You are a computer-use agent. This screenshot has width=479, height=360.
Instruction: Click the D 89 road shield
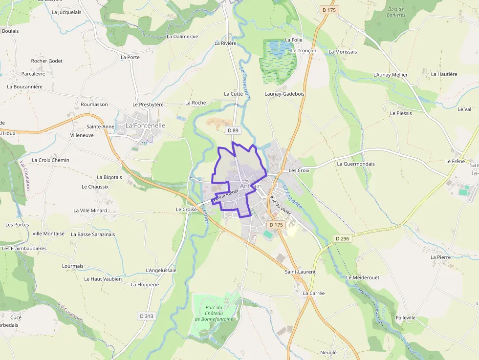[x=232, y=130]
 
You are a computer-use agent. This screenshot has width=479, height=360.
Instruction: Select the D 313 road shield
[x=147, y=316]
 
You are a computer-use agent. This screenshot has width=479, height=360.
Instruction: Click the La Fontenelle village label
[x=145, y=126]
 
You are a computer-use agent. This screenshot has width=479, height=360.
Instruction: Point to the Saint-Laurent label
[x=300, y=272]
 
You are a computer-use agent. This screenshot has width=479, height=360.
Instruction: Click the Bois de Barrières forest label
[x=396, y=12]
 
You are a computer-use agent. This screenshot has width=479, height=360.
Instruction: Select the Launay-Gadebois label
[x=284, y=94]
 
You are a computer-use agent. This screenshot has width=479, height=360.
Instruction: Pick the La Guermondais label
[x=356, y=164]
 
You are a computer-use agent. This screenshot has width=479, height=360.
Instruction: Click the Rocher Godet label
[x=47, y=61]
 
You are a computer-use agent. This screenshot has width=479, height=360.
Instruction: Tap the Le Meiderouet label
[x=363, y=277]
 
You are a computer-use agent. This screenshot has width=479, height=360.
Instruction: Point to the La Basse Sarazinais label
[x=93, y=234]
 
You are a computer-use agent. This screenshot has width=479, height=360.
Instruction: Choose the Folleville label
[x=406, y=318]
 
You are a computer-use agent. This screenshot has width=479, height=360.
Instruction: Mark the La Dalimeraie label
[x=182, y=37]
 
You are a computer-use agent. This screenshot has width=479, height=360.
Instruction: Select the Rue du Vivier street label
[x=280, y=205]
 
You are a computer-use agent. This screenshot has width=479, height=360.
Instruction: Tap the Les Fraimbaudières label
[x=24, y=248]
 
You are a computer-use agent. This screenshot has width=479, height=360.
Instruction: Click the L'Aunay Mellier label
[x=390, y=75]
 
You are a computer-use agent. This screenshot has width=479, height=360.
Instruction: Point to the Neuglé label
[x=328, y=352]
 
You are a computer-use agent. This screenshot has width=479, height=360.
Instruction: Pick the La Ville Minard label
[x=90, y=211]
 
